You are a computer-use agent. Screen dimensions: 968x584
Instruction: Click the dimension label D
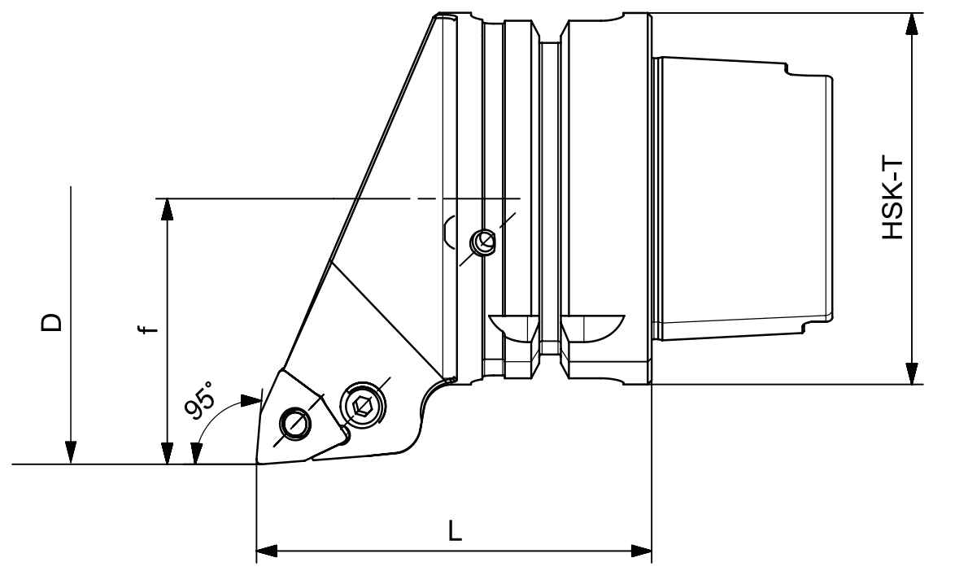[52, 321]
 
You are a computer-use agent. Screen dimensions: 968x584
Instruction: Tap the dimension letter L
[455, 531]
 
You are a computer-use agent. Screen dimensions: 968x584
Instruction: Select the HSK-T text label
[892, 198]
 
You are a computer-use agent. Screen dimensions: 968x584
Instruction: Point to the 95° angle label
[201, 399]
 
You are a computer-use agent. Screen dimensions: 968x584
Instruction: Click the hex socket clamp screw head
[362, 407]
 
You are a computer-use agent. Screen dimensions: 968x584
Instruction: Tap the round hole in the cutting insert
[295, 423]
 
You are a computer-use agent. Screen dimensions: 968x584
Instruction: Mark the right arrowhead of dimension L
[642, 550]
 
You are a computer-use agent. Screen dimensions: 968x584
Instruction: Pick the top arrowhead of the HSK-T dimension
[911, 24]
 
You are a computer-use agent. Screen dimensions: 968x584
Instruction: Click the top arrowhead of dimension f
[167, 209]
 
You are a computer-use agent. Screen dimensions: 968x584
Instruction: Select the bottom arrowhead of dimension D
[72, 452]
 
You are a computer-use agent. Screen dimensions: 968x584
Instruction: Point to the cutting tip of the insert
[257, 462]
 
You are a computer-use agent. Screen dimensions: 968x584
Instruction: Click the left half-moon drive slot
[513, 327]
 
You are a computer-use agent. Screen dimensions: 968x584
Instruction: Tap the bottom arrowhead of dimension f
[167, 452]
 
